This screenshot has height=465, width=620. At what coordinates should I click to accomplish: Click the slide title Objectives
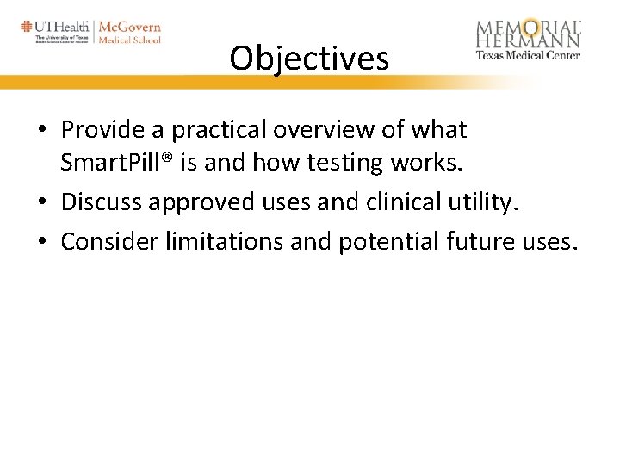(x=309, y=59)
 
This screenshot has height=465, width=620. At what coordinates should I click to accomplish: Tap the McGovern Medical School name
(x=129, y=32)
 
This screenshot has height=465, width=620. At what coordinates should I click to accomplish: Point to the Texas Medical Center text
(x=528, y=55)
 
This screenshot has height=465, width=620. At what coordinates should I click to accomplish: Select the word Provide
(x=101, y=130)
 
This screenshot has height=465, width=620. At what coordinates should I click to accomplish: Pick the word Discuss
(x=101, y=201)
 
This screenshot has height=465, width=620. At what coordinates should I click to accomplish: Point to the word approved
(x=200, y=201)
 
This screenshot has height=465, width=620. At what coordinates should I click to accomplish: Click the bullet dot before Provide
(x=42, y=131)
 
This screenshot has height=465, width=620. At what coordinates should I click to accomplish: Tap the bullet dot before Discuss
(x=42, y=202)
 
